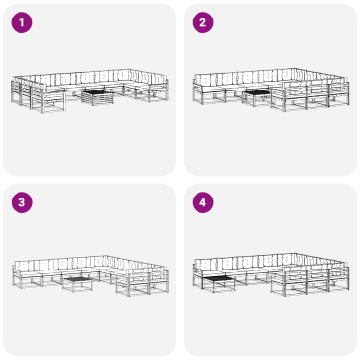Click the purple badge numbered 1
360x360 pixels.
[21, 22]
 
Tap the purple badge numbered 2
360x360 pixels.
[202, 22]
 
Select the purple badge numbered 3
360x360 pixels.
[21, 202]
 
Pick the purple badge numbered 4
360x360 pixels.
[202, 202]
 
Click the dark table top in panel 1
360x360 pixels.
[97, 93]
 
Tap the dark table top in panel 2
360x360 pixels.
[257, 92]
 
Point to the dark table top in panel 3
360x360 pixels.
[78, 279]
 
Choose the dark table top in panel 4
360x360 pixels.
[219, 277]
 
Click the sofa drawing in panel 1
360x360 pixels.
[90, 90]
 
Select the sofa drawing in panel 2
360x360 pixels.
[270, 90]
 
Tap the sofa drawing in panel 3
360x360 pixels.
[90, 275]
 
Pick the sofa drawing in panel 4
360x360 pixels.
[270, 274]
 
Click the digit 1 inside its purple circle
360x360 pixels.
[21, 22]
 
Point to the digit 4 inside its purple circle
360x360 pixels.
[202, 202]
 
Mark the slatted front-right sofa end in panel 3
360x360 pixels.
[143, 281]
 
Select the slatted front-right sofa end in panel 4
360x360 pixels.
[310, 279]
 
